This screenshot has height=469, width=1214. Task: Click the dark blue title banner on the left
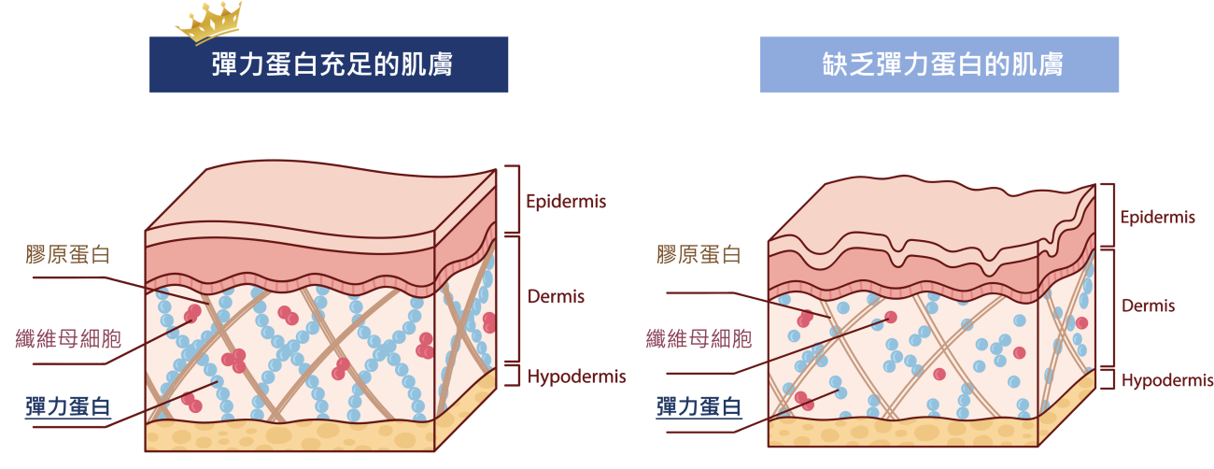coord(328,65)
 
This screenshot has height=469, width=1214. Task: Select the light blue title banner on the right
coord(939,65)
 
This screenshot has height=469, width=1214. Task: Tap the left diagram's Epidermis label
coord(566,201)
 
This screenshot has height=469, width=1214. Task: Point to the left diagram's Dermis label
coord(556,297)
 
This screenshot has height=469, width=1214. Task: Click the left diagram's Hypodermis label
coord(576,377)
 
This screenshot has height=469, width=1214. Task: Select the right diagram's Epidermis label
coord(1157,218)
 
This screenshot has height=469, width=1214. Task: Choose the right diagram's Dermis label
coord(1148,306)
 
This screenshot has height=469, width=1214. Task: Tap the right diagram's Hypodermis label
coord(1166,381)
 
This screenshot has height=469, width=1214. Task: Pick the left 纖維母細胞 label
coord(68,338)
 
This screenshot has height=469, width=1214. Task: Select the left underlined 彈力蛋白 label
coord(68,406)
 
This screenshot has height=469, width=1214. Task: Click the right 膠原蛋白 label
coord(699,255)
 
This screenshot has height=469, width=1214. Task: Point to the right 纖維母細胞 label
coord(699,338)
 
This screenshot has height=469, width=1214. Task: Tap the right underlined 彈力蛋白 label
coord(699,406)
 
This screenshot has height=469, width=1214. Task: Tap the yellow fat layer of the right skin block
coord(901,432)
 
